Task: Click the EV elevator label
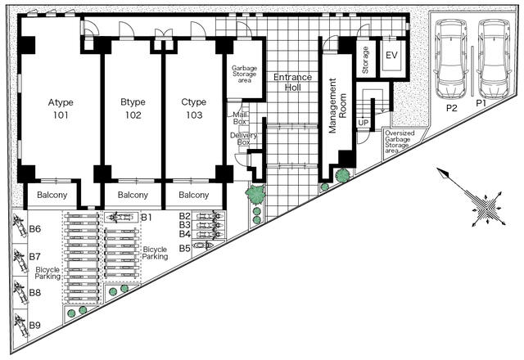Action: pos(391,55)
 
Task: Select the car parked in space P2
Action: pos(451,59)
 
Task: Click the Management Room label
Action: pos(337,106)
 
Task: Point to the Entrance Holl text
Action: pos(293,82)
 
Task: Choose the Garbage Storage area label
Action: pos(245,74)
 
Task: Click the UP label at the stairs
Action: pos(364,123)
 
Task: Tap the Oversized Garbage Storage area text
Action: pos(399,142)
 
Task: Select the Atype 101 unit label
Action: pos(61,109)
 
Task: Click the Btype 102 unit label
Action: pos(133,109)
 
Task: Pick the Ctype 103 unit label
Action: pos(194,109)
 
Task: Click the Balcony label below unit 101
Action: pos(52,195)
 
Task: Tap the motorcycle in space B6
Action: pos(20,226)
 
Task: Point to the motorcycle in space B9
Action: pos(20,326)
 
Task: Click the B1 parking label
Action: pos(146,218)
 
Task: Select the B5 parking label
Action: pos(184,249)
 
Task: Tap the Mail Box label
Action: pos(240,118)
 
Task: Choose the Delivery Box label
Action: pos(244,138)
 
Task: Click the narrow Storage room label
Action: pos(365,60)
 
